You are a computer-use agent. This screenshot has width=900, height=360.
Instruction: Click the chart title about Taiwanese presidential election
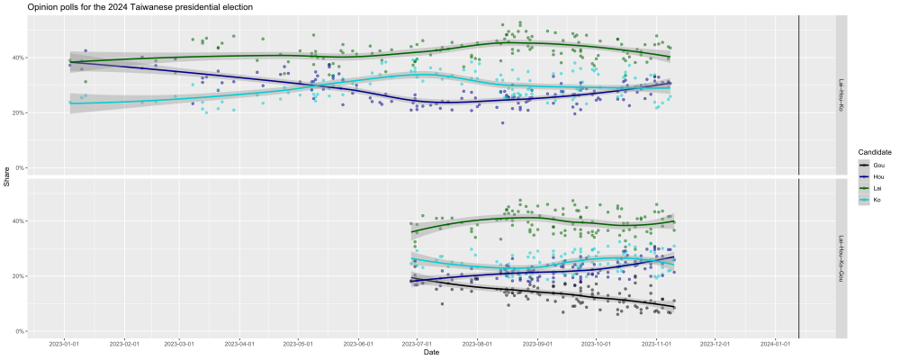139,7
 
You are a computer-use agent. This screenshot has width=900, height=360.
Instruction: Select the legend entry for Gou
877,166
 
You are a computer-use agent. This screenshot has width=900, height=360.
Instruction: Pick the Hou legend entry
877,177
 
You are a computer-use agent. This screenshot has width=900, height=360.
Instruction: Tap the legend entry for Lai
877,188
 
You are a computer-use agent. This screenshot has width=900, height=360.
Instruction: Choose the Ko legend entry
877,200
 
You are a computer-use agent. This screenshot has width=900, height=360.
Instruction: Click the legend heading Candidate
874,153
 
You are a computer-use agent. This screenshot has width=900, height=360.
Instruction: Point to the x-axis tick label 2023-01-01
65,343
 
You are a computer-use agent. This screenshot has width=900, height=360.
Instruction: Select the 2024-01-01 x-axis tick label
775,343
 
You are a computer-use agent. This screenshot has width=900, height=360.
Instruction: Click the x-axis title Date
433,353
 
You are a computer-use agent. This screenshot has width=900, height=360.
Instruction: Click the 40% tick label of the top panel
18,58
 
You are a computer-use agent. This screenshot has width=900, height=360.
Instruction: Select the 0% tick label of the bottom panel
20,331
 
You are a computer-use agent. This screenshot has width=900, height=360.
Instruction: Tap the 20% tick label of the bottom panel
18,276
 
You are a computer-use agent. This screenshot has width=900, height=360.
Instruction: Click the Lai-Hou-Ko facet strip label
841,94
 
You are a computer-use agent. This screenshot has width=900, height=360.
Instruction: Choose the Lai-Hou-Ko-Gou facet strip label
841,257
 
